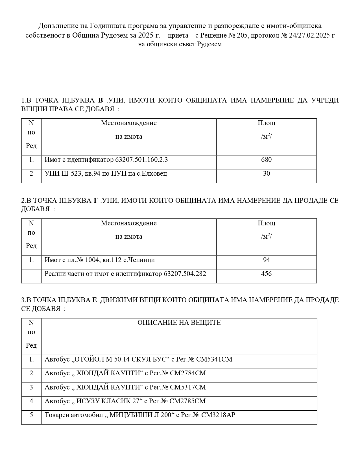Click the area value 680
click(266, 160)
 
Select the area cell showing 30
click(266, 173)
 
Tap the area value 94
click(266, 260)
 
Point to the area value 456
click(266, 274)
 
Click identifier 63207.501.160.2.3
click(141, 160)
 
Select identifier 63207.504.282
click(185, 274)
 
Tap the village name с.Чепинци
click(139, 260)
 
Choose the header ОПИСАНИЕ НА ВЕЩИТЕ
click(179, 323)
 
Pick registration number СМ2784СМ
click(188, 373)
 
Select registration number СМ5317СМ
click(188, 387)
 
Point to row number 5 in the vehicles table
click(31, 415)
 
